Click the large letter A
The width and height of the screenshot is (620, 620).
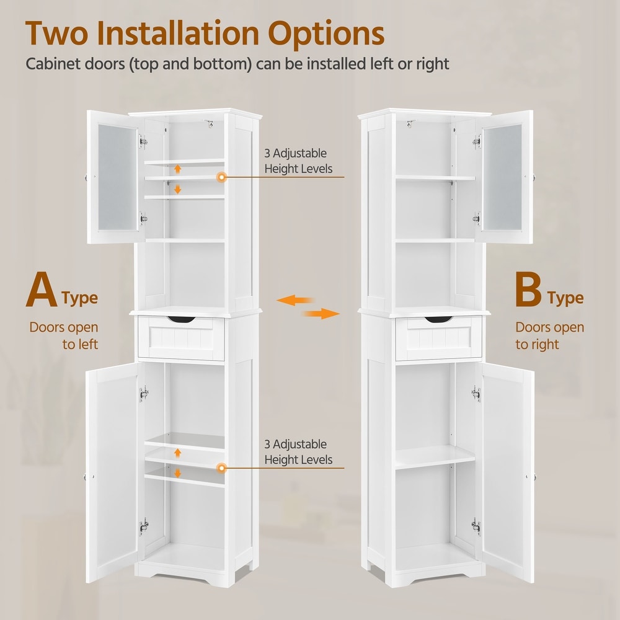(42, 289)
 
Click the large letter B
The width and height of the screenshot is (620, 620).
(528, 289)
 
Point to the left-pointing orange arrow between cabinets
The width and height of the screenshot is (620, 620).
(295, 301)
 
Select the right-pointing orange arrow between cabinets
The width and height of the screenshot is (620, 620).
(321, 314)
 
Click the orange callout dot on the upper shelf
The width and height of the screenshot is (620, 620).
(222, 177)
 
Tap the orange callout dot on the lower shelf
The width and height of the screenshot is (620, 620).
(222, 468)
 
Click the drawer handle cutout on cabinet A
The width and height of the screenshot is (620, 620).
(181, 319)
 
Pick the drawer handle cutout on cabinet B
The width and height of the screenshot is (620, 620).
(438, 319)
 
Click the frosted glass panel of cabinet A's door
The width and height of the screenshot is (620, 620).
(117, 177)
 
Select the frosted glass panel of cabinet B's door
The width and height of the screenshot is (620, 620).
(502, 177)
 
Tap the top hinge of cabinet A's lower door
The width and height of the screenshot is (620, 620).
(144, 394)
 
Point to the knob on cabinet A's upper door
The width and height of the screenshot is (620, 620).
(86, 177)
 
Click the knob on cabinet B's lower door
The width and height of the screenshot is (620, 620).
(534, 477)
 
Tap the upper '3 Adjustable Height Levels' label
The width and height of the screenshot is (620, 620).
(298, 161)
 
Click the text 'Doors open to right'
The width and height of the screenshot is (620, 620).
(549, 335)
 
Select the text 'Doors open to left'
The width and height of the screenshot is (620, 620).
(64, 335)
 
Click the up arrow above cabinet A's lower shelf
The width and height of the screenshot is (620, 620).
(177, 453)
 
